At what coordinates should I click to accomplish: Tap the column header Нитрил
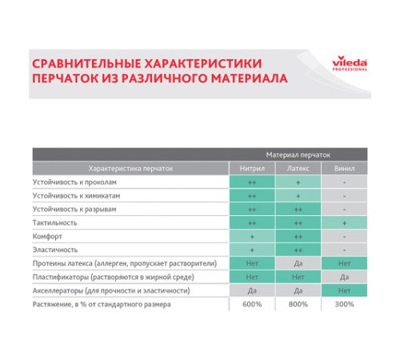[252, 169]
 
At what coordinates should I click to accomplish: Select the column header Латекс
[298, 169]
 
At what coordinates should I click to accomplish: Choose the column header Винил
[343, 169]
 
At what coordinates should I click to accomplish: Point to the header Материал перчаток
[298, 154]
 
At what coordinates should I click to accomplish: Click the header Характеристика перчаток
[130, 169]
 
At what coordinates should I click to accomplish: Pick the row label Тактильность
[54, 222]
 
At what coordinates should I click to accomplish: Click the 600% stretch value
[252, 304]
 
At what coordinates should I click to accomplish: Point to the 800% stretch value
[298, 304]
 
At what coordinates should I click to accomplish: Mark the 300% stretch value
[343, 304]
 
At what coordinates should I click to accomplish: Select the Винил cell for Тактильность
[343, 222]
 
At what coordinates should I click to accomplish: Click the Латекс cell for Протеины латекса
[298, 263]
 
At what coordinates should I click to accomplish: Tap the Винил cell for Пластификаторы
[343, 277]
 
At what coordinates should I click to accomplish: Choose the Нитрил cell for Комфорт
[252, 236]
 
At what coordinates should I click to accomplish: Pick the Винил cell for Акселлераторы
[343, 290]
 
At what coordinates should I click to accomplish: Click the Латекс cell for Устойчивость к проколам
[298, 182]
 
